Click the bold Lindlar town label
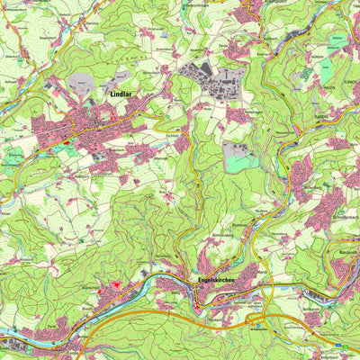pyautogui.click(x=121, y=93)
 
